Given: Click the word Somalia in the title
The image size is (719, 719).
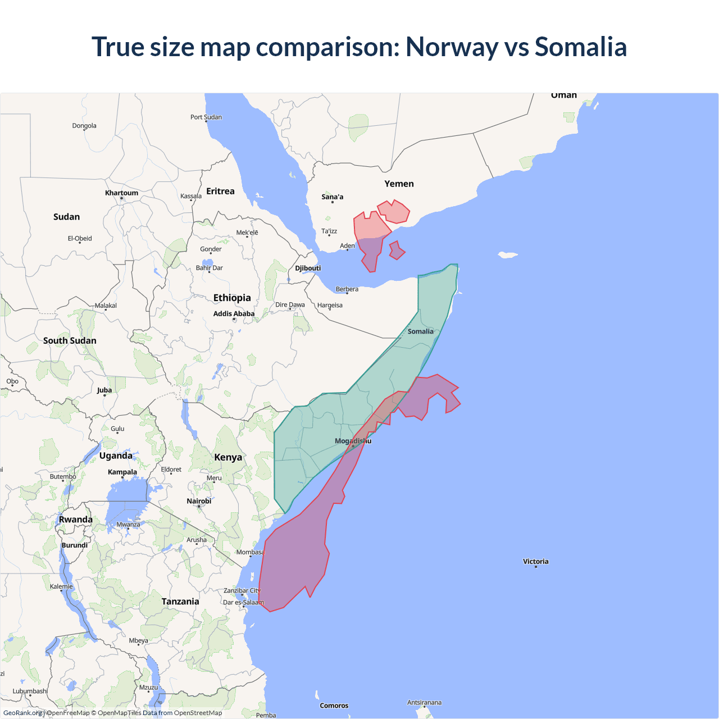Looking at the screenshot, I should [580, 47].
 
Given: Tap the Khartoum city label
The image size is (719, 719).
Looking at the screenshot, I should [121, 193].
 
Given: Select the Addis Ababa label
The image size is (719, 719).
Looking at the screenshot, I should [234, 313].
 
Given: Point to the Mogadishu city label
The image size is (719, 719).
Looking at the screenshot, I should [353, 441].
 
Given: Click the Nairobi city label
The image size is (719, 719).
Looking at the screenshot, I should [199, 501].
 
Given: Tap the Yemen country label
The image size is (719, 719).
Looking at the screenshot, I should [399, 184].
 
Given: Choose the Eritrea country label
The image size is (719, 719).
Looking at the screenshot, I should [220, 191].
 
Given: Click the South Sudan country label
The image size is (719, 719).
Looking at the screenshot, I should [70, 340].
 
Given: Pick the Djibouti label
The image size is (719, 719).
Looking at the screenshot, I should [308, 268].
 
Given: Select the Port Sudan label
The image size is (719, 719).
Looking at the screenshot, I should [206, 117].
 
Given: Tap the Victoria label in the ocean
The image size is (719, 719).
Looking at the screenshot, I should [535, 561].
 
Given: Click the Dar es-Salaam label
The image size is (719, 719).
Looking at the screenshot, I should [243, 602].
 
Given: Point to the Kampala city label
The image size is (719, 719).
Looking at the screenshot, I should [122, 472].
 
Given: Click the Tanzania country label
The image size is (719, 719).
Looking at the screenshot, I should [180, 601].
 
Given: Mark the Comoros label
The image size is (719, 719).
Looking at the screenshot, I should [334, 706].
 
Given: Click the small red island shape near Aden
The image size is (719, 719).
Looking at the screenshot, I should [397, 251].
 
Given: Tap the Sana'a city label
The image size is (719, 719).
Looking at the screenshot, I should [332, 197].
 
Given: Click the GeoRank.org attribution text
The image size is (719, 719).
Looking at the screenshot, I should [22, 713].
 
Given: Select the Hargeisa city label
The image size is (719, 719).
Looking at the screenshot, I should [330, 305].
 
